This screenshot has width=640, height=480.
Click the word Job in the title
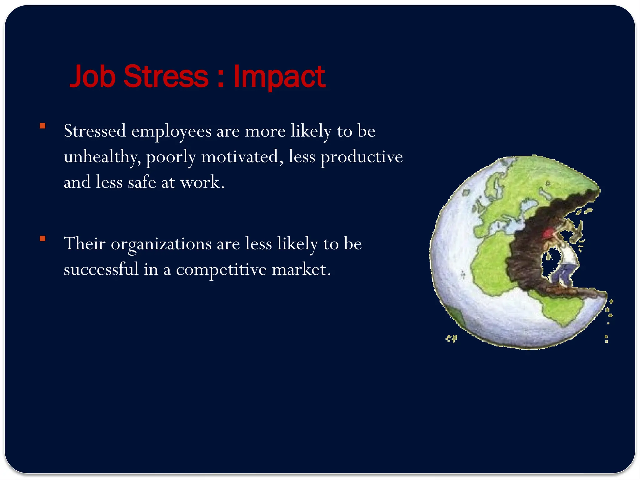(92, 77)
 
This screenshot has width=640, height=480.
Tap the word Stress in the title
(166, 77)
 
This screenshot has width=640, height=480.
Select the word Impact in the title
(279, 77)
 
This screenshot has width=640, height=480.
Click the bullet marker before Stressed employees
(42, 126)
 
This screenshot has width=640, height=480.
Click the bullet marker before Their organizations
(42, 239)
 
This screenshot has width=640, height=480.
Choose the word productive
(362, 157)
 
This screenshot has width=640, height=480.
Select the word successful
(101, 269)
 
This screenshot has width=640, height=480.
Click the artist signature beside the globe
(451, 338)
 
